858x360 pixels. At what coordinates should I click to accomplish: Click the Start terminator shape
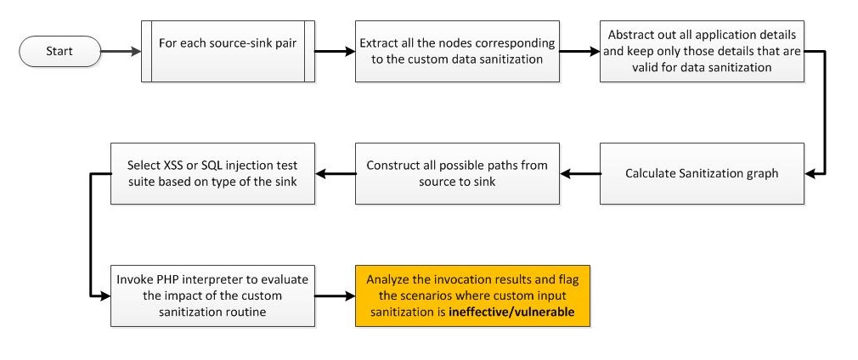[59, 51]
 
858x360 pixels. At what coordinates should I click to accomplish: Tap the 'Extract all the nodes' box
[457, 51]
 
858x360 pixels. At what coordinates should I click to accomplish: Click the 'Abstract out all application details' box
[702, 51]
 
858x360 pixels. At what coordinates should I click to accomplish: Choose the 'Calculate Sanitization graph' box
[702, 173]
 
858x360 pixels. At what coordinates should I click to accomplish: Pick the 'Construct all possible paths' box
[457, 173]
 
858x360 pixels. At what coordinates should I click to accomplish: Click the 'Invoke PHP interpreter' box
[212, 296]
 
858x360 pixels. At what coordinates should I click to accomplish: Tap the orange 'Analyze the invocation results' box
[471, 296]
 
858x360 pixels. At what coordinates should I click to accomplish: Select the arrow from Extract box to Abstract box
[579, 51]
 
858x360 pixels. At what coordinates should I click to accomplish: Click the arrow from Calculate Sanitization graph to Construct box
[579, 173]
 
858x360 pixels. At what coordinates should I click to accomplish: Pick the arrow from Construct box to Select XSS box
[335, 173]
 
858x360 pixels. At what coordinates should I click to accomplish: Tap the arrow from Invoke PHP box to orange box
[335, 296]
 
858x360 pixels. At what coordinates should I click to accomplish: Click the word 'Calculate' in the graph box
[651, 173]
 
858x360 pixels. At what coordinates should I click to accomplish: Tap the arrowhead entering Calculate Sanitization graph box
[810, 173]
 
